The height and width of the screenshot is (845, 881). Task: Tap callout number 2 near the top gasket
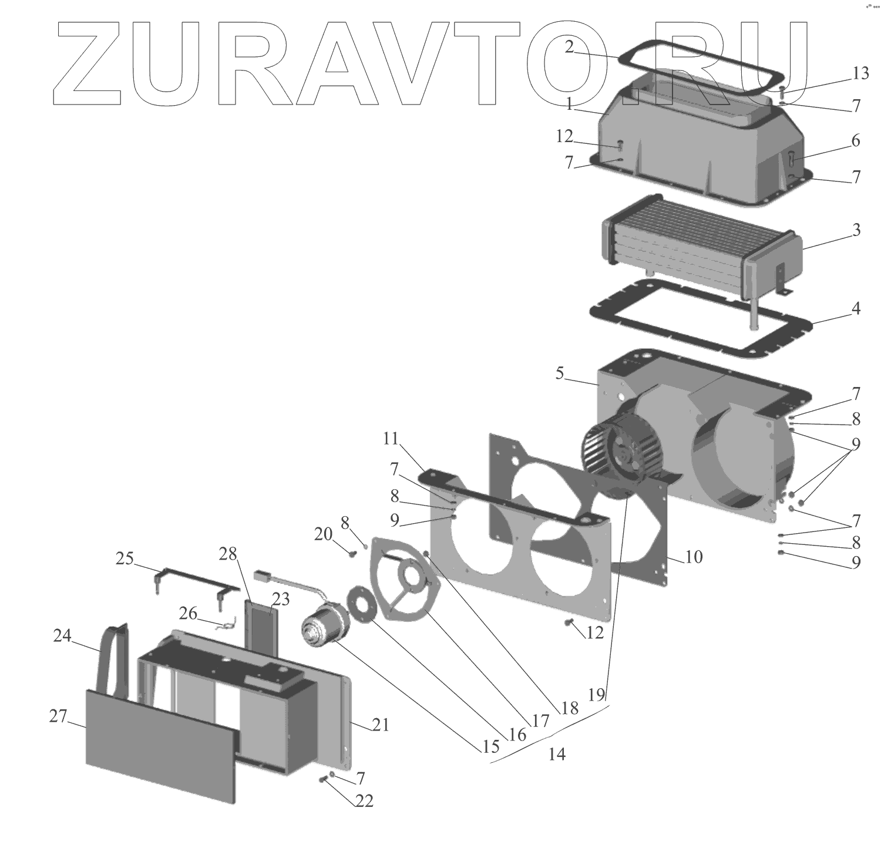(x=569, y=47)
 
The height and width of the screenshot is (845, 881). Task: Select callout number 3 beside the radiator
(x=856, y=230)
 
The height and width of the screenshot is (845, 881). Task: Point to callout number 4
(x=856, y=308)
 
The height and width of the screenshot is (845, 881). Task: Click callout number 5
(x=560, y=373)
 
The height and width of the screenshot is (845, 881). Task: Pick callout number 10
(x=694, y=557)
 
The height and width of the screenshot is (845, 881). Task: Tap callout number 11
(x=391, y=439)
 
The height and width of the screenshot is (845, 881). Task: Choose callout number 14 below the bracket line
(x=556, y=754)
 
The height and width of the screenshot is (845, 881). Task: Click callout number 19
(x=596, y=695)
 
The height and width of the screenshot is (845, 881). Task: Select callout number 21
(x=381, y=725)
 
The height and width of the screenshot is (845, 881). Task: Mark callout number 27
(x=58, y=716)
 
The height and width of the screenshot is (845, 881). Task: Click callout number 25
(x=125, y=558)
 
